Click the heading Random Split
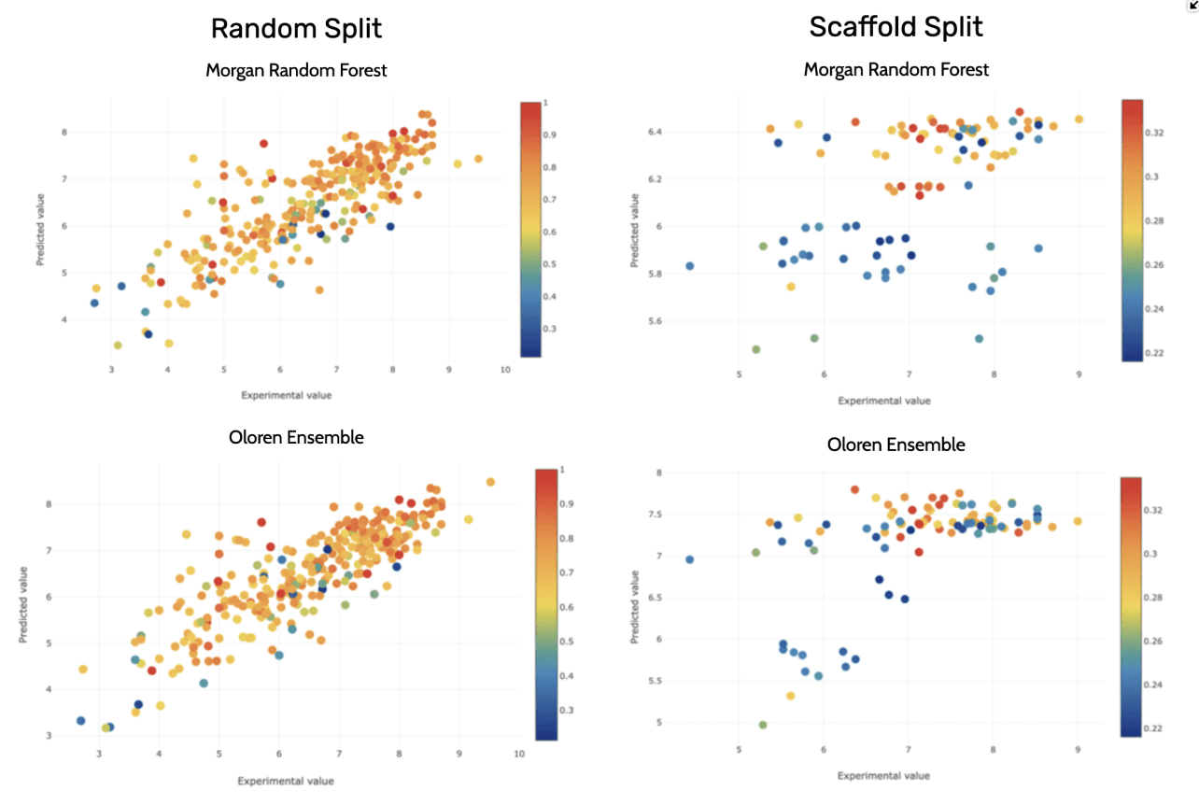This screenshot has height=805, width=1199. [x=296, y=28]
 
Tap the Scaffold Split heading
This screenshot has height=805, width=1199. [x=896, y=26]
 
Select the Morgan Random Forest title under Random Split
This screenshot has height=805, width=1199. [x=296, y=70]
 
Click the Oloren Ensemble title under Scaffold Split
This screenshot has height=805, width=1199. [x=896, y=445]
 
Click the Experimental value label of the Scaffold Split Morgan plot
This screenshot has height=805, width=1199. [x=883, y=401]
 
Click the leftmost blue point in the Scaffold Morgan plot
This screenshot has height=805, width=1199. [x=690, y=266]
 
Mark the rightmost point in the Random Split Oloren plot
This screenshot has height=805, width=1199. [x=490, y=482]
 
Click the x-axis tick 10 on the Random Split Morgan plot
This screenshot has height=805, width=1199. [x=505, y=370]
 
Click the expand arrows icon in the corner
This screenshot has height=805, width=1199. [x=1192, y=6]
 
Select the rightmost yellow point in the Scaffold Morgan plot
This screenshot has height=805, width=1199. [x=1079, y=120]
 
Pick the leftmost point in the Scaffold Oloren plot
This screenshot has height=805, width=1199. [x=690, y=559]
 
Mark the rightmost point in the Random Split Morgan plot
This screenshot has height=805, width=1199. [x=478, y=159]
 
